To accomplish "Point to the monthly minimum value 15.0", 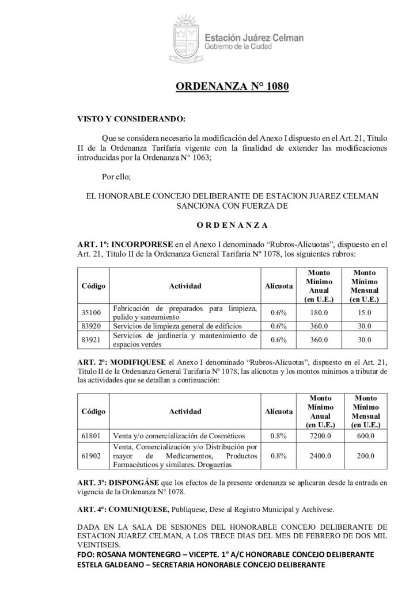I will pyautogui.click(x=364, y=312).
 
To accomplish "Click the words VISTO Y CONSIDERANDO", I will pyautogui.click(x=123, y=122).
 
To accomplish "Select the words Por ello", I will pyautogui.click(x=116, y=177).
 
